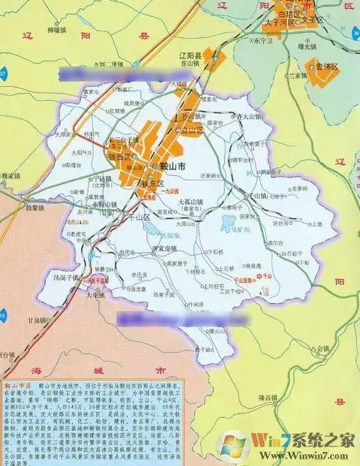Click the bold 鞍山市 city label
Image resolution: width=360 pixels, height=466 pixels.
[x=172, y=167]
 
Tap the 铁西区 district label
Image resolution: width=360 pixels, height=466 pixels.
[x=119, y=157]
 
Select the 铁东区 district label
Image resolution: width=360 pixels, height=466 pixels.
[x=156, y=183]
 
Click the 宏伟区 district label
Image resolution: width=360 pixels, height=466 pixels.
[x=327, y=67]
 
